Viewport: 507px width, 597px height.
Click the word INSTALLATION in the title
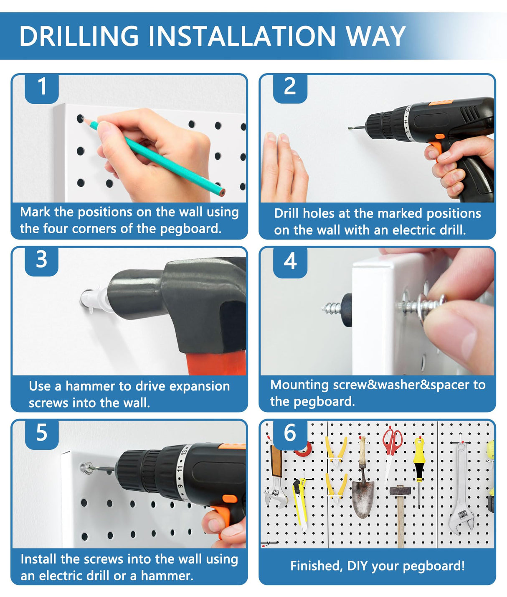coord(242,36)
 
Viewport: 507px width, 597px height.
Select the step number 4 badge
coord(290,261)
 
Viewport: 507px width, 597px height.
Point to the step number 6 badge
coord(290,433)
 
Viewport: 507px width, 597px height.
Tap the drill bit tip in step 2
coord(350,128)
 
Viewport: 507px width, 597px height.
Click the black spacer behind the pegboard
coord(347,310)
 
